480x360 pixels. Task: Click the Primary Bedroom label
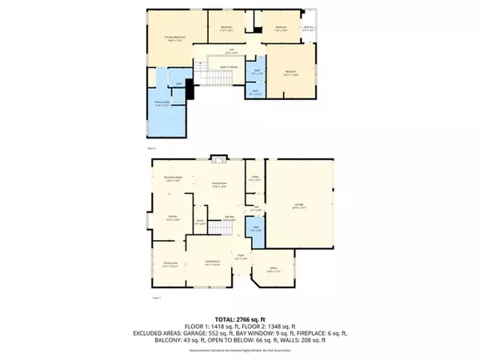(176, 37)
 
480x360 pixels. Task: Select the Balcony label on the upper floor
(309, 29)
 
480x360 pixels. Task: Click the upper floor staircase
(218, 77)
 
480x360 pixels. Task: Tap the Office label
(273, 269)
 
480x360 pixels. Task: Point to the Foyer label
(240, 258)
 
